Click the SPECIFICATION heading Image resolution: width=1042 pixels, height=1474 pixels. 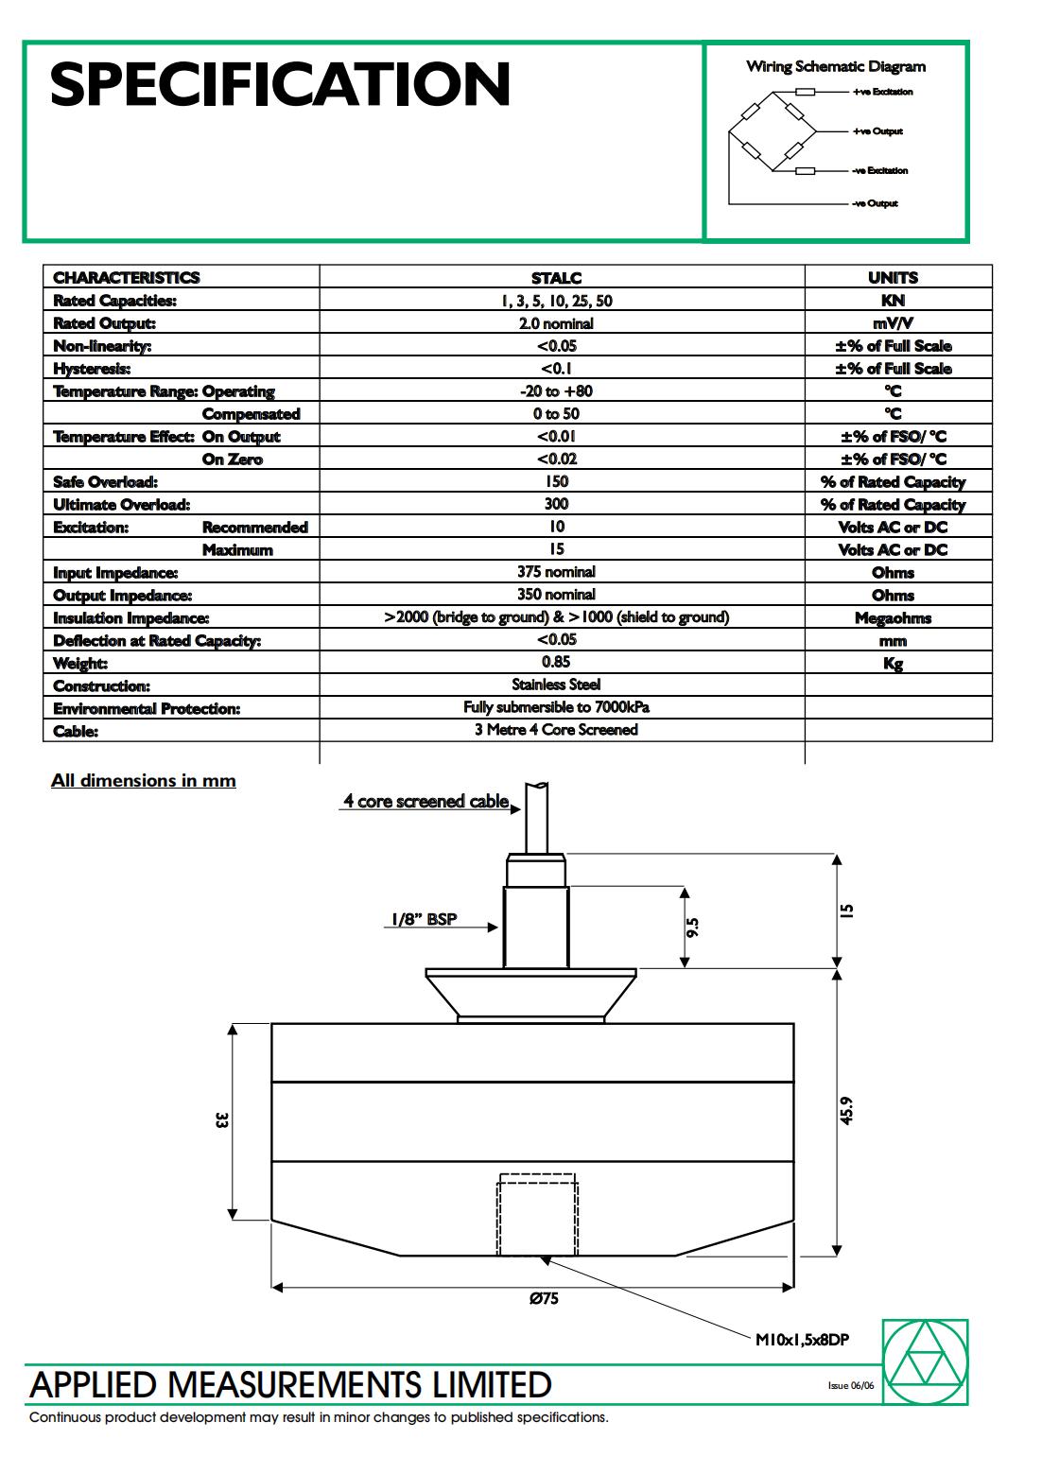pos(280,84)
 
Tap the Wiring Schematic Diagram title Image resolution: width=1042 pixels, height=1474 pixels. pos(836,66)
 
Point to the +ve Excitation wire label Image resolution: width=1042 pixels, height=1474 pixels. pos(882,92)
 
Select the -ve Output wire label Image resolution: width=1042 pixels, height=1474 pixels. pos(875,203)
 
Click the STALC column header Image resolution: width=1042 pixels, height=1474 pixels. pos(556,278)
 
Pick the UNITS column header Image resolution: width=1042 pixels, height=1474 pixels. pos(893,278)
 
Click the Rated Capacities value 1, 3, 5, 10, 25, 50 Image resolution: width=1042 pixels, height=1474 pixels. pos(556,301)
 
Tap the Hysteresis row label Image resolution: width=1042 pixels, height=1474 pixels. pos(92,369)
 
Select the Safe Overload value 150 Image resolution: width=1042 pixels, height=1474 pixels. pos(556,481)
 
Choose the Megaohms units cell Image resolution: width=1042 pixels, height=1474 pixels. pos(893,618)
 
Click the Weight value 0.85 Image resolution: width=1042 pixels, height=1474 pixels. pos(556,662)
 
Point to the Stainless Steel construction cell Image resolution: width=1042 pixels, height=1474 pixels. pos(556,685)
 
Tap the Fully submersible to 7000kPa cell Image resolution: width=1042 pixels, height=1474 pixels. pos(556,707)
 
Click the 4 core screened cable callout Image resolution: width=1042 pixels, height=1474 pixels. pos(425,802)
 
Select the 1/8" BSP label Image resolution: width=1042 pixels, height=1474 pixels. pos(423,919)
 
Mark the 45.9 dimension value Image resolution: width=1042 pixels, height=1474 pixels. pos(846,1110)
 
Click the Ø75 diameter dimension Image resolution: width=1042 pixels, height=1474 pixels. pos(544,1298)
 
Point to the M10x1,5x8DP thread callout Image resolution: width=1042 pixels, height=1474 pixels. pos(802,1339)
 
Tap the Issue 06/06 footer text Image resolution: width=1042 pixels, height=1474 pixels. pos(851,1386)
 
